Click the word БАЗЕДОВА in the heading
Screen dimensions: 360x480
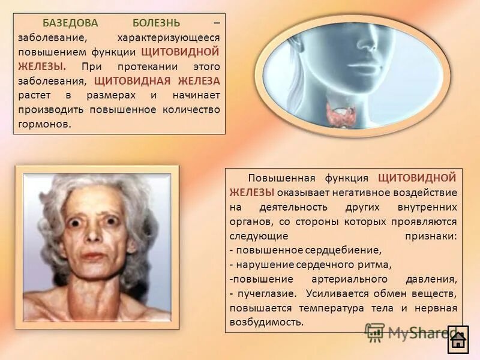point(67,23)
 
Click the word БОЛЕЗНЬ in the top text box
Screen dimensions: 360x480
point(156,23)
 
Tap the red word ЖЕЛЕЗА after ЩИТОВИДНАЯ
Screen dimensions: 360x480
point(198,81)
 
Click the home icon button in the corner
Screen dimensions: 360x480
point(459,341)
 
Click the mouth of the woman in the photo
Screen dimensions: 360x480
point(93,256)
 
